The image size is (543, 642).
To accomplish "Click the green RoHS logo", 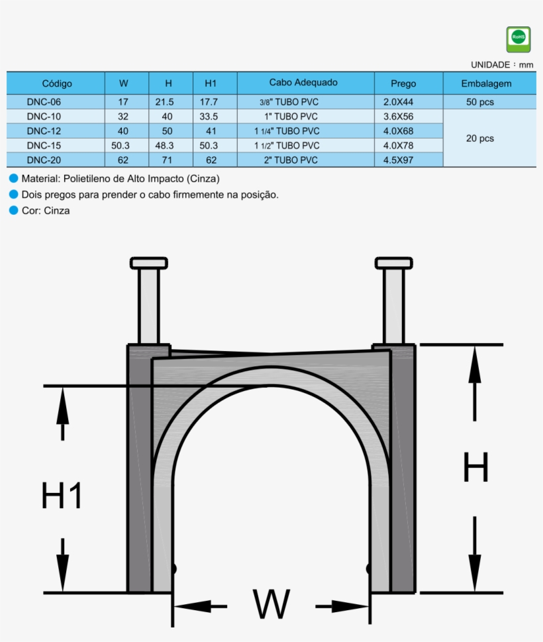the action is (518, 39).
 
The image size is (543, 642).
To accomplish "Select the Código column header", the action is (57, 83).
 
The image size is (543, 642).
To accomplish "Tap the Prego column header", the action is (403, 83).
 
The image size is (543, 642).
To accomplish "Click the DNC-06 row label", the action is (44, 102).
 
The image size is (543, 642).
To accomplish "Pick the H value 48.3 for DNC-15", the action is (167, 145).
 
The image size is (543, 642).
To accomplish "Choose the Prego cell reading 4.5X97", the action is (398, 160).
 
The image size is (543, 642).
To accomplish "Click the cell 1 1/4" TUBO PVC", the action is (287, 131).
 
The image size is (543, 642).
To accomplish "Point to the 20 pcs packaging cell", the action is (480, 138).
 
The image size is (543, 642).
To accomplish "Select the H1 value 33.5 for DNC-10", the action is (209, 117).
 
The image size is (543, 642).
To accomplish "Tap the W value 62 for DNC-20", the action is (123, 160).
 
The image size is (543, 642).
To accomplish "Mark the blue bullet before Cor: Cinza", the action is (13, 211).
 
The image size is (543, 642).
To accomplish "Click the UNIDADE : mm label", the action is (502, 65).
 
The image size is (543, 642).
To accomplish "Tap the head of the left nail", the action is (149, 263).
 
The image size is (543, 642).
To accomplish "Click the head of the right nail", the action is (393, 263).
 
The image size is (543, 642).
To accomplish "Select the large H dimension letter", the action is (475, 467).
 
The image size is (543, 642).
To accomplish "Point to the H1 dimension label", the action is (62, 495).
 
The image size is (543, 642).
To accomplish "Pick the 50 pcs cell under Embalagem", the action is (480, 102).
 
